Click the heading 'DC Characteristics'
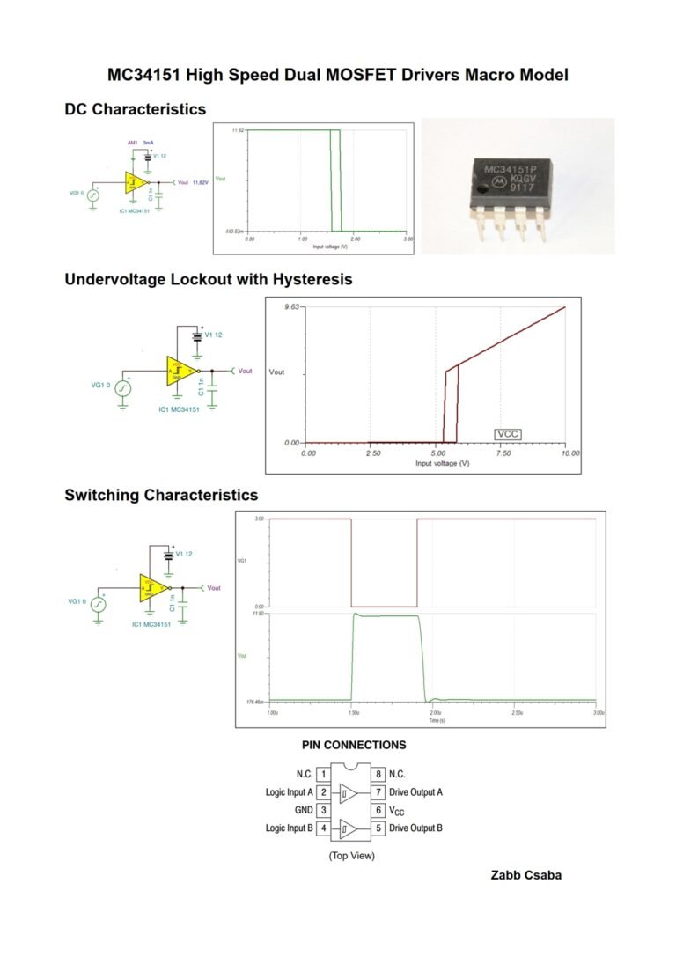pyautogui.click(x=135, y=109)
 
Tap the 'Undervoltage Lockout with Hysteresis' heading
pyautogui.click(x=208, y=279)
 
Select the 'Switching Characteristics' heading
pyautogui.click(x=161, y=495)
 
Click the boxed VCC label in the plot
pyautogui.click(x=508, y=434)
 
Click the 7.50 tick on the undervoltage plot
pyautogui.click(x=505, y=453)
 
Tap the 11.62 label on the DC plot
pyautogui.click(x=238, y=130)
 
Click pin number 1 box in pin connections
pyautogui.click(x=324, y=775)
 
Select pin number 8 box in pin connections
pyautogui.click(x=378, y=775)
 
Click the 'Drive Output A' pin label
pyautogui.click(x=415, y=792)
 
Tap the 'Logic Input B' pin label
pyautogui.click(x=289, y=828)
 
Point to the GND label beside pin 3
pyautogui.click(x=303, y=810)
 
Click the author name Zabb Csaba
pyautogui.click(x=525, y=875)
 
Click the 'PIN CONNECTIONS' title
pyautogui.click(x=354, y=745)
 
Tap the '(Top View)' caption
pyautogui.click(x=351, y=856)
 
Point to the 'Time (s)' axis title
pyautogui.click(x=436, y=720)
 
